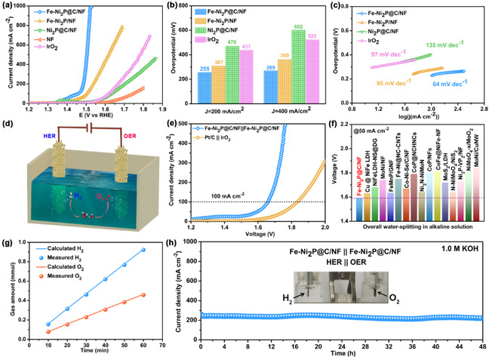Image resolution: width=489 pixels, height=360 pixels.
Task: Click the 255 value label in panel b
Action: coord(205,66)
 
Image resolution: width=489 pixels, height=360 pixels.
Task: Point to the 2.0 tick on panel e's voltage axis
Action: coord(325,217)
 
